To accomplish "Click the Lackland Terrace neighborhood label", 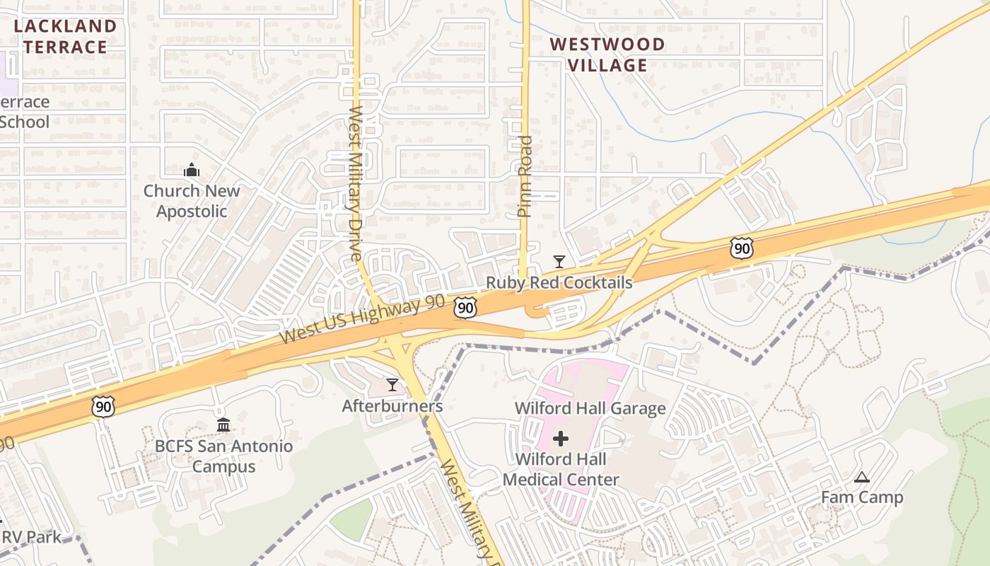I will (65, 37).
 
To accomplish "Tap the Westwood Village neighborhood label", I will (607, 54).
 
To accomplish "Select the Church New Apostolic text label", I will (192, 201).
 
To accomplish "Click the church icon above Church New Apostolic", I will (192, 170).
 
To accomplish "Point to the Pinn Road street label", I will (524, 175).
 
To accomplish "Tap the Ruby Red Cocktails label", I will (559, 283).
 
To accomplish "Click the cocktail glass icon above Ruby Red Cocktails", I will (559, 262).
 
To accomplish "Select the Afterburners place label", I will (392, 406).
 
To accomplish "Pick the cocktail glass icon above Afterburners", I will (392, 385).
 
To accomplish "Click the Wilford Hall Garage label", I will (590, 408).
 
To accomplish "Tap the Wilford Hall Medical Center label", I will (561, 469).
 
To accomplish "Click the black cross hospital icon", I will (561, 439).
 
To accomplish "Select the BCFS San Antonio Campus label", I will (223, 456).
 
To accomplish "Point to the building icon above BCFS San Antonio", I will (223, 424).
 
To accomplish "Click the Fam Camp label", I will (862, 497).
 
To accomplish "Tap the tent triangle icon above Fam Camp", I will (861, 478).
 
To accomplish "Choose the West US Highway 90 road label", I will (362, 320).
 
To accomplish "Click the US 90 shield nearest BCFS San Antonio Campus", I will (103, 406).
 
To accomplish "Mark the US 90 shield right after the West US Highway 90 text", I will (465, 307).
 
